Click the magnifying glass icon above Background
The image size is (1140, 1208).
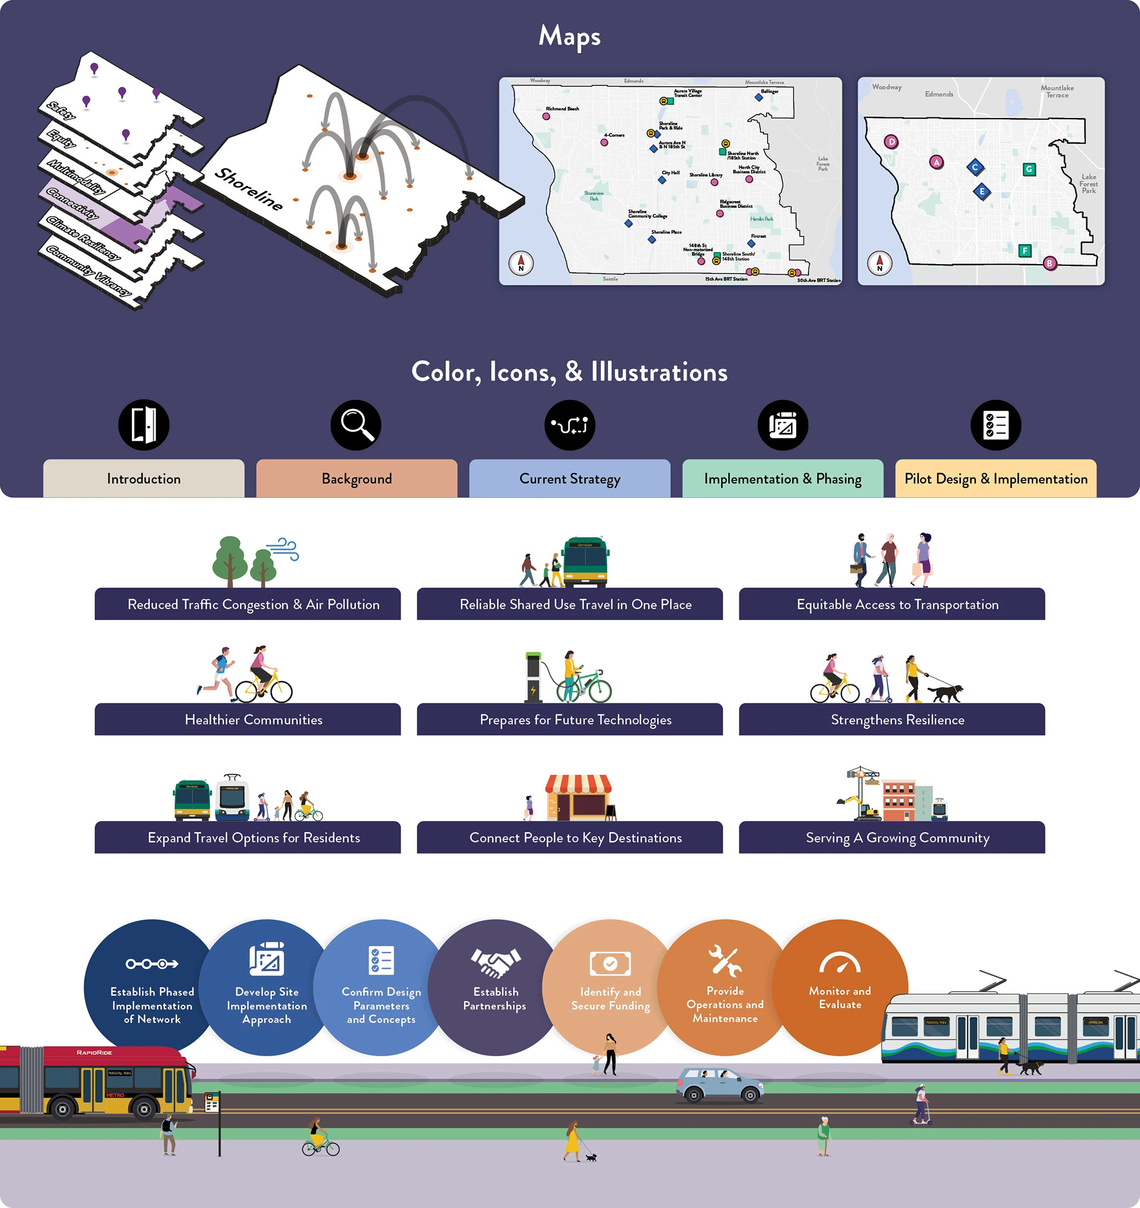(x=356, y=425)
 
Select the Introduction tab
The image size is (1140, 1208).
(x=144, y=479)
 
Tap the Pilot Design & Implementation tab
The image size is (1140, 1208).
(x=995, y=479)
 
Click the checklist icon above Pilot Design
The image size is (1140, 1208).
(x=995, y=425)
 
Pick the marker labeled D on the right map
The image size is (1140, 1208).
(x=891, y=142)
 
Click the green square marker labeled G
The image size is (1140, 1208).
(x=1029, y=170)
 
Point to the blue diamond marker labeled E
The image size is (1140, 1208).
(x=982, y=192)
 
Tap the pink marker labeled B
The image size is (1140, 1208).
(x=1050, y=263)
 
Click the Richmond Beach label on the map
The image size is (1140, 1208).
(x=562, y=109)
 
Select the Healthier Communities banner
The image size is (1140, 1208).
(x=254, y=719)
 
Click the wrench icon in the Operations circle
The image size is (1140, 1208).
(x=724, y=960)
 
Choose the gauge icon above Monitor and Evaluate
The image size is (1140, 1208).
(x=839, y=963)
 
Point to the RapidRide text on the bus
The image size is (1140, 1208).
(x=94, y=1052)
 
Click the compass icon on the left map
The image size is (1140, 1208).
(x=521, y=263)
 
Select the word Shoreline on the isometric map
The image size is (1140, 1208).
(x=249, y=189)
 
